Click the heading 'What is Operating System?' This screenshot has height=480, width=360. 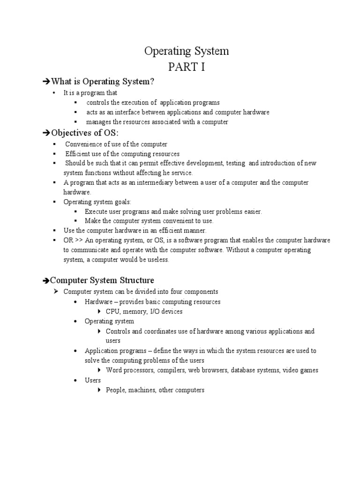[x=102, y=82]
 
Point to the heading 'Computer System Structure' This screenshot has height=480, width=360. [x=102, y=280]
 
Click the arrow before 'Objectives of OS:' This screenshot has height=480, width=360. [x=45, y=134]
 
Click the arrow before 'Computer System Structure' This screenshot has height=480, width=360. [x=45, y=281]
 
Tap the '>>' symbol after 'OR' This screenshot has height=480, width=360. [x=79, y=240]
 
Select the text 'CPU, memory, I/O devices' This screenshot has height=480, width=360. [x=144, y=311]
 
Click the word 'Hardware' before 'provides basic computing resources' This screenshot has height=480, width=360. [x=98, y=302]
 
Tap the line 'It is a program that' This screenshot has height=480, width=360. [x=90, y=93]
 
